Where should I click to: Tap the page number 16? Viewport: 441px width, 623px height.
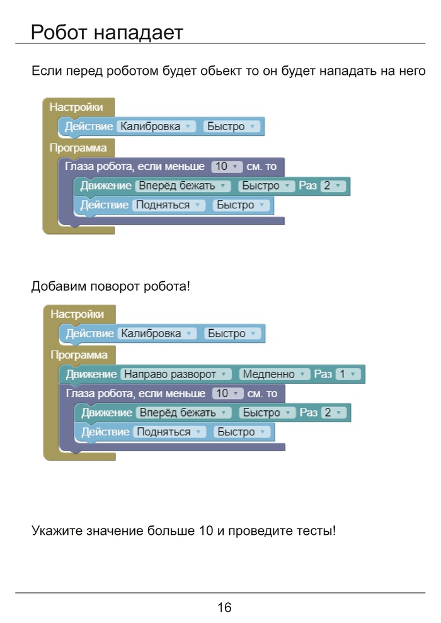point(224,607)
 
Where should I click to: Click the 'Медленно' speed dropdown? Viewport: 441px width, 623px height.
point(275,374)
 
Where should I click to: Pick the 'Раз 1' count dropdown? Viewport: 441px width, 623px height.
point(347,374)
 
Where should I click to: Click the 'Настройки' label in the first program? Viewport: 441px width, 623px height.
point(76,107)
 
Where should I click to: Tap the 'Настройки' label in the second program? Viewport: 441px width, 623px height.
point(77,314)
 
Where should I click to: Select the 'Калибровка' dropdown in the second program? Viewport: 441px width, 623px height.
point(157,334)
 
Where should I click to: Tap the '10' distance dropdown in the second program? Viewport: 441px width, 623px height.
point(227,394)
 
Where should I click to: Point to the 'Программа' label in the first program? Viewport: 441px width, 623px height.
point(78,149)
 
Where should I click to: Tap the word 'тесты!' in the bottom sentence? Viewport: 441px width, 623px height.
point(316,530)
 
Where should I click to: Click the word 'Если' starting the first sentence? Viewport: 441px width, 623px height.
point(46,70)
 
